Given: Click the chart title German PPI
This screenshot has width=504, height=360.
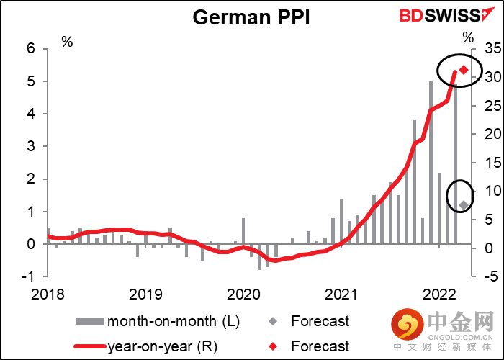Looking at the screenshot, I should (251, 17).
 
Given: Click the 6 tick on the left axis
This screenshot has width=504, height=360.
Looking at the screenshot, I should (31, 49).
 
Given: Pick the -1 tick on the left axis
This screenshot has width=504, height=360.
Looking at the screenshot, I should (30, 276).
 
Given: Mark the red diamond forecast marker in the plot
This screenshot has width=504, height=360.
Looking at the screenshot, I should (464, 70).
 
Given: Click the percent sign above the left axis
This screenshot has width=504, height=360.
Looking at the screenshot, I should (67, 42).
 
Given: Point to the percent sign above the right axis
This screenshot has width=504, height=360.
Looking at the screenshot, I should (469, 37).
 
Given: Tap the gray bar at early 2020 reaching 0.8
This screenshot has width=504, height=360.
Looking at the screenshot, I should (243, 230).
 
